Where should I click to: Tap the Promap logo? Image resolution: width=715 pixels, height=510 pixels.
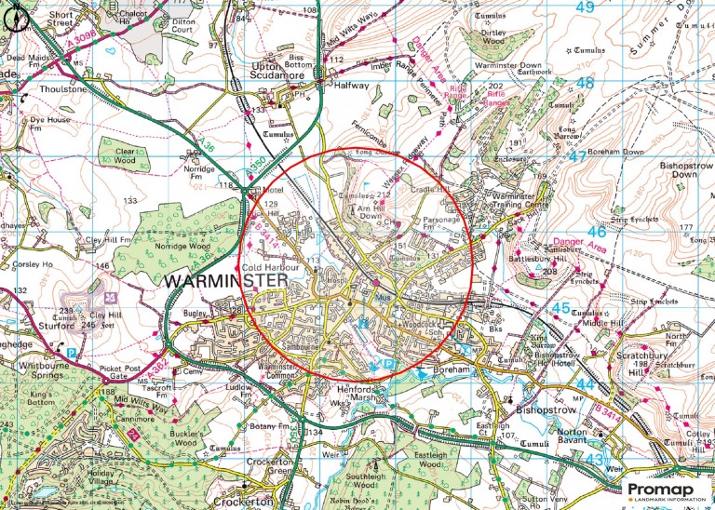point(666,491)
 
